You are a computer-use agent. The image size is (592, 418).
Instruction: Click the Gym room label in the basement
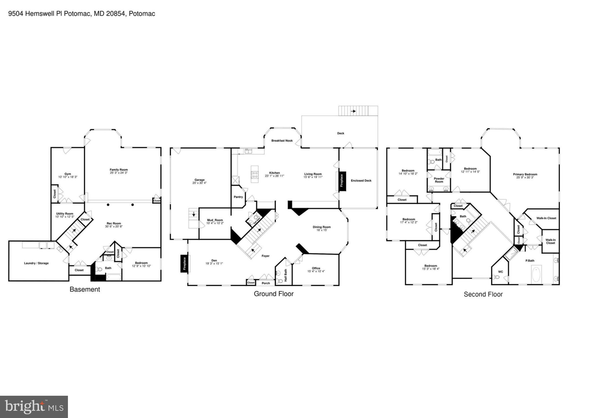click(68, 174)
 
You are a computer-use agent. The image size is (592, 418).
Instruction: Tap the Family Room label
click(119, 170)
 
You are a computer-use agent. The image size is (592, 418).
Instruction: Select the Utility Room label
click(65, 214)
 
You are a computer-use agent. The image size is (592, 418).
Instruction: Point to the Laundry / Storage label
click(36, 263)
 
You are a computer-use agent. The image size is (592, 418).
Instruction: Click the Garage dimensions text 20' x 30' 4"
click(199, 183)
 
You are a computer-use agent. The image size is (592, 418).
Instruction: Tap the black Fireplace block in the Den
click(184, 264)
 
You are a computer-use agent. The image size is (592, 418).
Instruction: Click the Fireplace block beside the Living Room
click(342, 181)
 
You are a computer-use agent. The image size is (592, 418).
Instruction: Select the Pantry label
click(238, 197)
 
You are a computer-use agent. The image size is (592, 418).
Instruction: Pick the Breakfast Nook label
click(282, 141)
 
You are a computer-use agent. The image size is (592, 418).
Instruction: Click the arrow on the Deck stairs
click(353, 111)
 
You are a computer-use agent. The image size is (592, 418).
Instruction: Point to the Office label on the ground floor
click(316, 268)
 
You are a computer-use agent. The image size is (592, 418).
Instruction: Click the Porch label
click(266, 283)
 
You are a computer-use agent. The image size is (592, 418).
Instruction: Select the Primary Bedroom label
click(525, 174)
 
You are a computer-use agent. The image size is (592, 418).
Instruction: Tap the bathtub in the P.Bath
click(536, 275)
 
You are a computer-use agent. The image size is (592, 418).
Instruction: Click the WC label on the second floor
click(500, 272)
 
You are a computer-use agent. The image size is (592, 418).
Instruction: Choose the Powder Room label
click(439, 180)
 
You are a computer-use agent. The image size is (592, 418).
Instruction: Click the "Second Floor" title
click(483, 294)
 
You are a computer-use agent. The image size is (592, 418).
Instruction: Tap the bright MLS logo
click(34, 407)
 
